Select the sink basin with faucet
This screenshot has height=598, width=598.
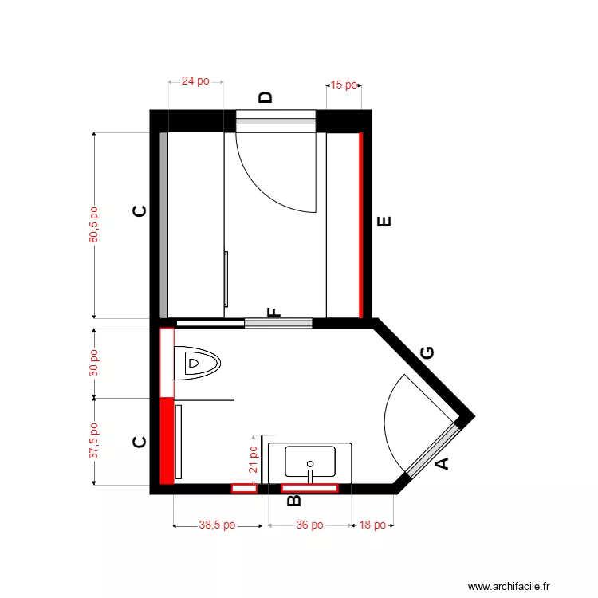(309, 462)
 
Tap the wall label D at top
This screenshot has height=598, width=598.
(266, 97)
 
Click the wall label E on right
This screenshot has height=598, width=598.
(384, 222)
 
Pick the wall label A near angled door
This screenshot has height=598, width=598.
(440, 463)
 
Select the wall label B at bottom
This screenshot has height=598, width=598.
(293, 500)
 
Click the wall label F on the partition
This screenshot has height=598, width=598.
(273, 312)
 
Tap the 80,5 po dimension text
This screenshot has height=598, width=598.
(94, 225)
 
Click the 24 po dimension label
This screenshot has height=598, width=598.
(195, 81)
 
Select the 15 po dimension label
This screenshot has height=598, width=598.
(344, 85)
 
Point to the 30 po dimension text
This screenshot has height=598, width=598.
(94, 363)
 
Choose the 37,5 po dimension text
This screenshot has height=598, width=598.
(94, 441)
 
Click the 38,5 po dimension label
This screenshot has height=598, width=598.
(217, 525)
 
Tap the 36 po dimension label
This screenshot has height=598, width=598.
(309, 525)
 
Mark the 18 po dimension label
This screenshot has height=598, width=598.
(372, 525)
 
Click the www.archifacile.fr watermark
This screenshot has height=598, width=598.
(509, 586)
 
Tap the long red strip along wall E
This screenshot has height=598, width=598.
(361, 225)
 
